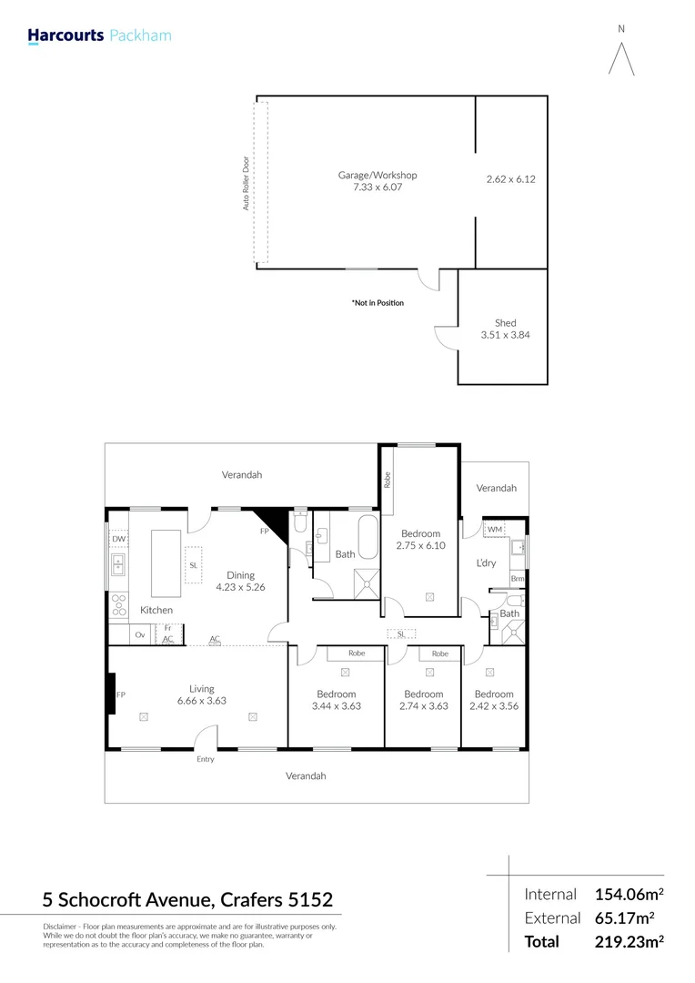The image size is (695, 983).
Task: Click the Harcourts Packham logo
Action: click(99, 36)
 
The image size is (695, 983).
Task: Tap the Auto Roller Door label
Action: click(246, 183)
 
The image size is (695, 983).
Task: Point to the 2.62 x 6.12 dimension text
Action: click(511, 179)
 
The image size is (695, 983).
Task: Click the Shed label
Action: click(505, 323)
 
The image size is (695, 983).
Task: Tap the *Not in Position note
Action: click(377, 303)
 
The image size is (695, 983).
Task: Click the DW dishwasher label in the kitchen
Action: click(118, 539)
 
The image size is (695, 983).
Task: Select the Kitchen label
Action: click(156, 610)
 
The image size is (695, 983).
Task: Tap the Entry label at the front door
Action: click(206, 759)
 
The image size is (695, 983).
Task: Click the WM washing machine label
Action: click(494, 530)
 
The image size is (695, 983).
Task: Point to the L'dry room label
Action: click(487, 563)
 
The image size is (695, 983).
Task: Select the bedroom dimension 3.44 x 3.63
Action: click(336, 705)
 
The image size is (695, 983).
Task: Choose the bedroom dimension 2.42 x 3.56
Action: click(494, 705)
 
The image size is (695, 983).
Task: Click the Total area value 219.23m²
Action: click(629, 942)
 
